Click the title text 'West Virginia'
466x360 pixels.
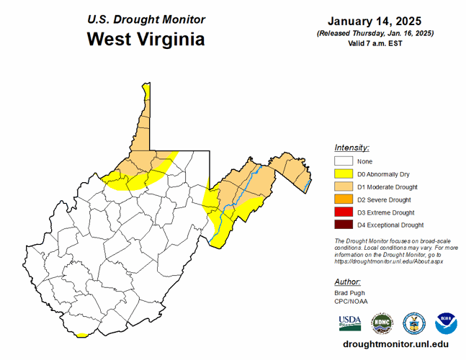tap(145, 39)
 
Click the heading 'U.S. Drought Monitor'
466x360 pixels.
tap(145, 19)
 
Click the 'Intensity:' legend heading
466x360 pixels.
tap(352, 147)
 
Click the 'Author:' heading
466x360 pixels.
tap(348, 282)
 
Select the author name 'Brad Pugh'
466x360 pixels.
tap(349, 294)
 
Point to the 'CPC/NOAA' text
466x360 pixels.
tap(350, 302)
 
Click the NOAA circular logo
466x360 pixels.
tap(446, 322)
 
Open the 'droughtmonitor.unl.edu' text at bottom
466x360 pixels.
tap(392, 345)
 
